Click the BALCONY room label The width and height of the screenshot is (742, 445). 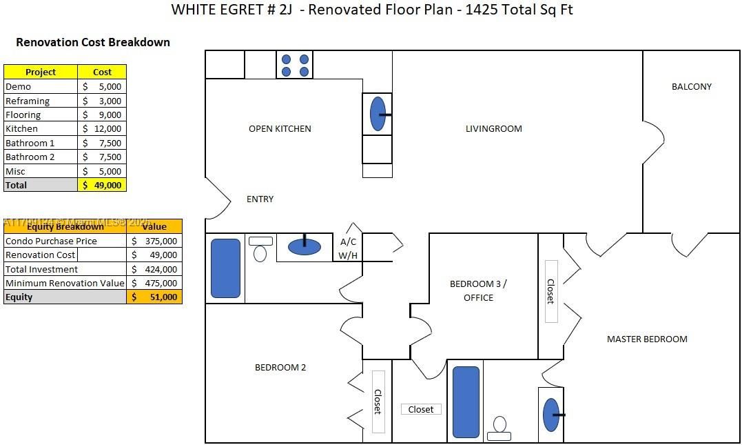pos(691,86)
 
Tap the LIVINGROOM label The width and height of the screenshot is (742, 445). pos(493,128)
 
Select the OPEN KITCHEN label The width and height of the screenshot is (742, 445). pos(280,128)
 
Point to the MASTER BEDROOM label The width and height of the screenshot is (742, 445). pos(647,339)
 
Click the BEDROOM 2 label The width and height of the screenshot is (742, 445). pos(280,367)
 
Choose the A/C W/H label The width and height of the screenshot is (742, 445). pos(348,249)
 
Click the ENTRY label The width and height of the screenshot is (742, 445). pos(260,199)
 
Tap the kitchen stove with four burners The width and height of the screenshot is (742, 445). pos(295,65)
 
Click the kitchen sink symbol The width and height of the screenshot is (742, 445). pos(378,114)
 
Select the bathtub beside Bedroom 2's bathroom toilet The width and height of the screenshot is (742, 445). pos(225,268)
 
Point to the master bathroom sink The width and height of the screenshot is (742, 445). pos(551,415)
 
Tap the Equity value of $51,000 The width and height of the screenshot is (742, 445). pos(155,297)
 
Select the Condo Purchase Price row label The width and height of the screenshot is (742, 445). pos(51,241)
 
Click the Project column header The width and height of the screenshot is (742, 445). pos(41,72)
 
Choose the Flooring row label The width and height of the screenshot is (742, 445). pos(23,115)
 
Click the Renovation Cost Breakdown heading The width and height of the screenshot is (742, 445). pos(93,42)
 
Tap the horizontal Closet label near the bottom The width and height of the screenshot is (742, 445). pos(420,409)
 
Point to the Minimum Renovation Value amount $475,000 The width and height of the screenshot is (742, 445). pos(155,283)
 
